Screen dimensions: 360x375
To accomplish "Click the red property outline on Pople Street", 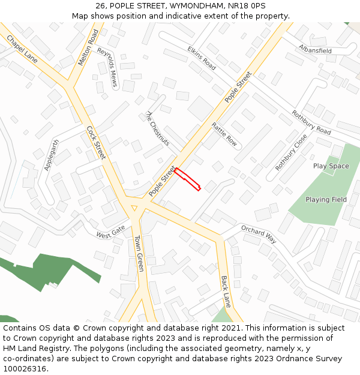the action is click(x=187, y=179).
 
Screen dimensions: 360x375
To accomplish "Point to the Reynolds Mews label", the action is click(x=109, y=67).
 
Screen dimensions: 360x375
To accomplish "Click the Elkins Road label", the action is click(x=202, y=58).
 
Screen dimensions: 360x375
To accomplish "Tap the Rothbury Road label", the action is click(x=311, y=122).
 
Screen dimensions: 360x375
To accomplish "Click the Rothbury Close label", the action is click(x=291, y=152).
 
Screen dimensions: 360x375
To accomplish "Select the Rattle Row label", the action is click(x=224, y=135).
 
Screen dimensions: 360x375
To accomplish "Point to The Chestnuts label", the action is click(x=158, y=128).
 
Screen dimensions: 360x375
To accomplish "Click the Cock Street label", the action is click(x=96, y=143).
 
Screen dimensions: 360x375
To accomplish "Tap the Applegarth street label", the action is click(x=52, y=155).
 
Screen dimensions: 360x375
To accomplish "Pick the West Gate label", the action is click(x=110, y=232).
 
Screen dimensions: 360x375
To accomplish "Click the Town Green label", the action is click(x=139, y=253).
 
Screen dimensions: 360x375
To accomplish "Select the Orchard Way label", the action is click(x=258, y=234).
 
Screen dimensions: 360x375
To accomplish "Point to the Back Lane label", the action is click(x=226, y=292).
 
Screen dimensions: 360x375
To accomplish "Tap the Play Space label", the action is click(x=331, y=166).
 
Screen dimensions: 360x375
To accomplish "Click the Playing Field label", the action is click(x=326, y=200).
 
